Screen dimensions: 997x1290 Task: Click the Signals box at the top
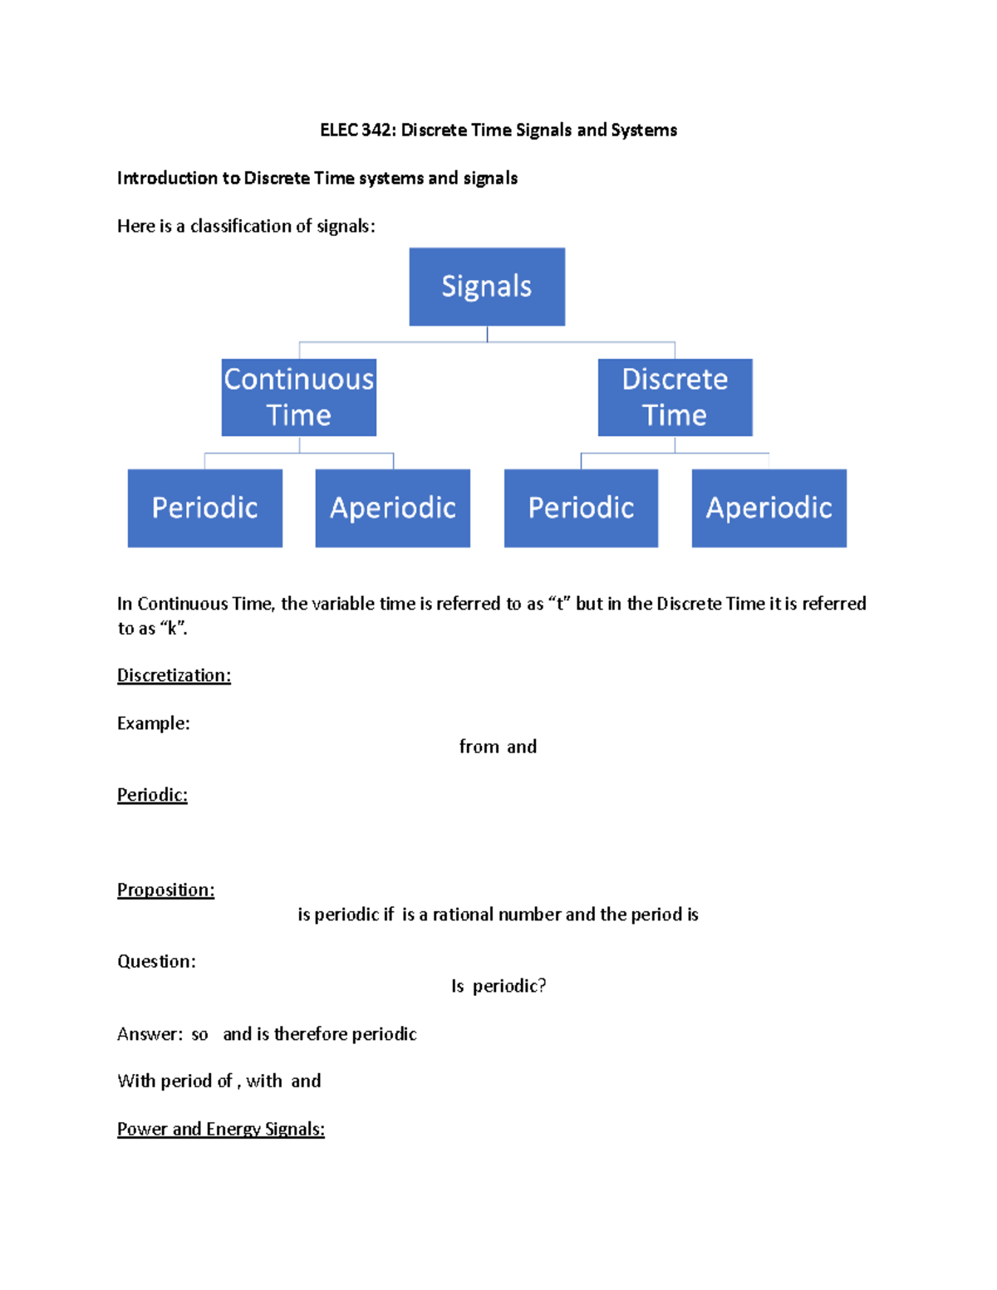(487, 287)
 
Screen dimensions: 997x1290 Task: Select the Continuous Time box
(299, 397)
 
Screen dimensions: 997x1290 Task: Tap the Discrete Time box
(675, 397)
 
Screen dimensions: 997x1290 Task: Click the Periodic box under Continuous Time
(204, 508)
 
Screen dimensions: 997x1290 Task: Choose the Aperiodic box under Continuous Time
(392, 508)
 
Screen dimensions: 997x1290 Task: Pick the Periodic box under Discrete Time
(581, 508)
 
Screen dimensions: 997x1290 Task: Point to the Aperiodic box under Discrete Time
(769, 508)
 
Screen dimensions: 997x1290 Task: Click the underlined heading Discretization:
(174, 675)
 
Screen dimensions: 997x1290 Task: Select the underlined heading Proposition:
(165, 890)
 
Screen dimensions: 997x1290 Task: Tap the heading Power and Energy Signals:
(220, 1129)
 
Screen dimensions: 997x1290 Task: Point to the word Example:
(153, 723)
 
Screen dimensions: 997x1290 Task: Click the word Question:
(156, 961)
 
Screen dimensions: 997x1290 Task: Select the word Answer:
(150, 1034)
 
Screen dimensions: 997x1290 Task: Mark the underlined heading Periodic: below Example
(152, 795)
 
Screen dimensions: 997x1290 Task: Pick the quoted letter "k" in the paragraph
(172, 629)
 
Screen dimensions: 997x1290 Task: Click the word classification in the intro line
(240, 226)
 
